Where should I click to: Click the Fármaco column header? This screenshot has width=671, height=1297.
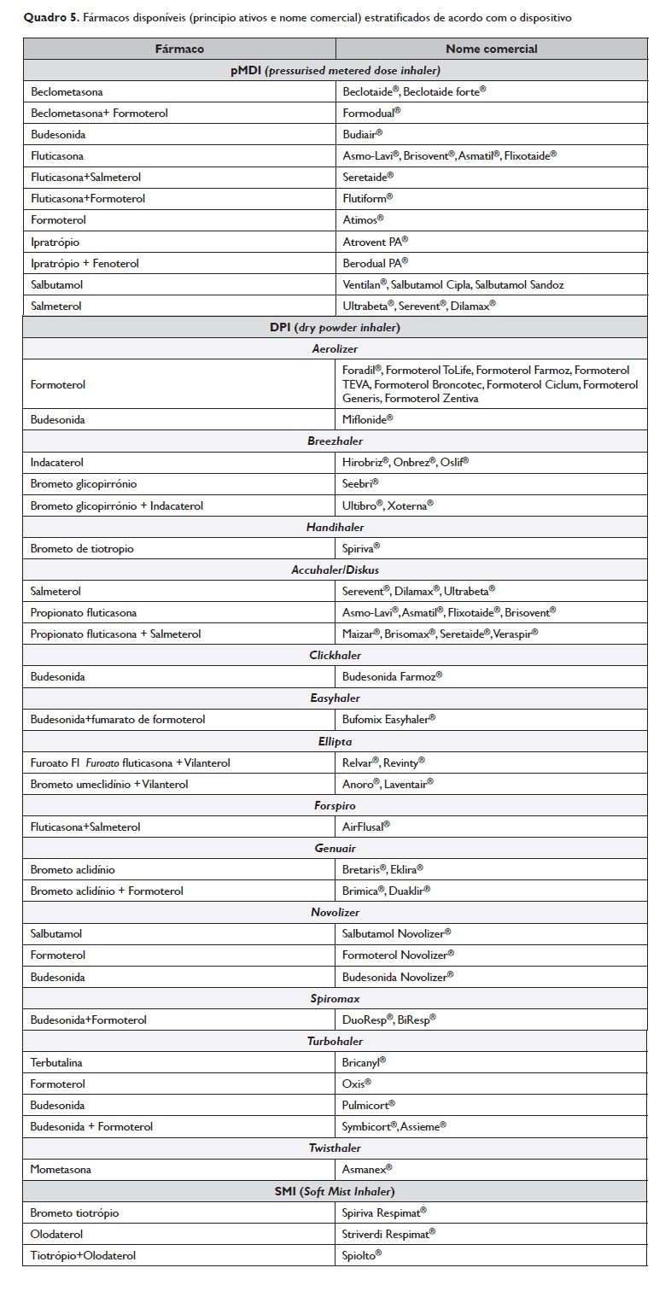coord(179,49)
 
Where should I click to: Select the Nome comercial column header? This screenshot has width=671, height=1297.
coord(491,49)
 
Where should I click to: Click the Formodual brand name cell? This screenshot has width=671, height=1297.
coord(371,112)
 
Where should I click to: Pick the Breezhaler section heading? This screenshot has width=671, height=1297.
coord(335,441)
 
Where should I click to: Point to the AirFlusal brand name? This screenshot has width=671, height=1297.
coord(366,827)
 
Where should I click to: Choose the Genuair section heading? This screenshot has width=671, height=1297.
coord(335,848)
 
